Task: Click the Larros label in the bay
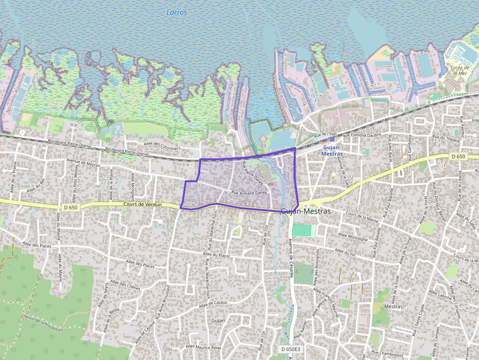[176, 13]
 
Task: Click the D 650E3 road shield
[291, 349]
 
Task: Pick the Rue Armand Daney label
[249, 193]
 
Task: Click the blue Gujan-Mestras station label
[332, 150]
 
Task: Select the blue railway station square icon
[332, 139]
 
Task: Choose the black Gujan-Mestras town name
[306, 212]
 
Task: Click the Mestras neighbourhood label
[393, 307]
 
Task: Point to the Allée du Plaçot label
[218, 255]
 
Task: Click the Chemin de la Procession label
[43, 322]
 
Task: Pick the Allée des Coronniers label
[162, 146]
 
